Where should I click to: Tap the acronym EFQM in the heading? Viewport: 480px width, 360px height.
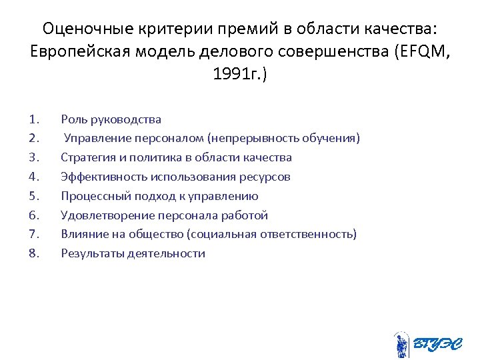[421, 51]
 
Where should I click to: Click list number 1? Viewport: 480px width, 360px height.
[35, 119]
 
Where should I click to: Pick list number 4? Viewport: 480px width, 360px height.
[35, 177]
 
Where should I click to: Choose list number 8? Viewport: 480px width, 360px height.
[35, 253]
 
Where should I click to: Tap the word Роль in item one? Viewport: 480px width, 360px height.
[73, 119]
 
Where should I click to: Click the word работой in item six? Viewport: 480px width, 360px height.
[246, 215]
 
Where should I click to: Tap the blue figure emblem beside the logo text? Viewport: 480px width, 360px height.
[401, 344]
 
